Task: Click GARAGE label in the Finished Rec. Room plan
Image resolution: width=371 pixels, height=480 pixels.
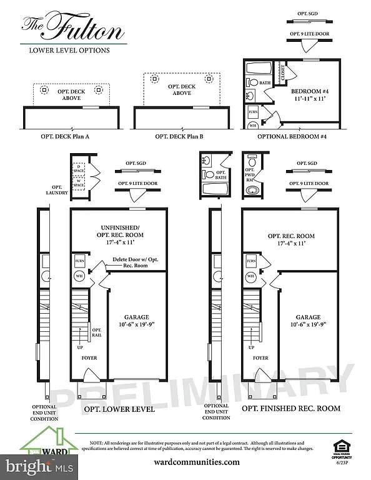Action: (x=309, y=321)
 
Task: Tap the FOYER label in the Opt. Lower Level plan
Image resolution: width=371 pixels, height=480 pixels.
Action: (x=90, y=358)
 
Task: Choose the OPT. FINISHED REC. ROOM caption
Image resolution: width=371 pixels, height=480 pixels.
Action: (x=291, y=408)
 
